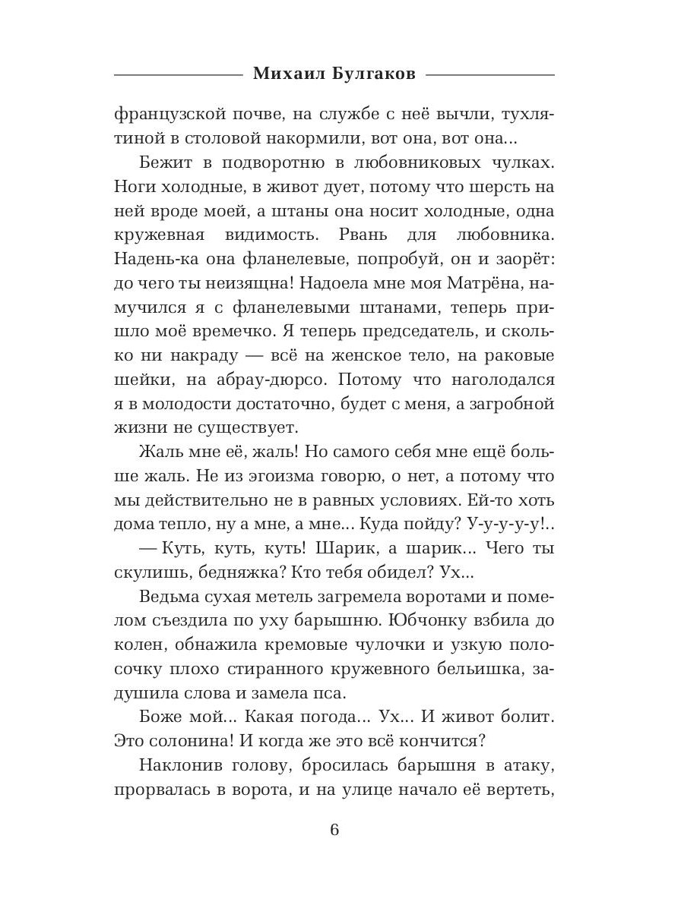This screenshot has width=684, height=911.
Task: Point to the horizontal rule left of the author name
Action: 177,74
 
